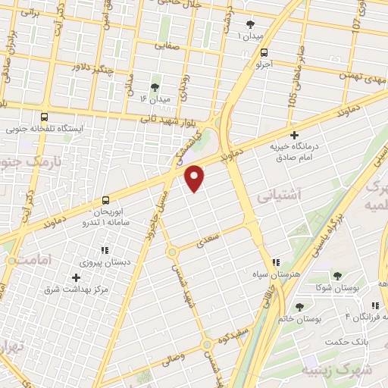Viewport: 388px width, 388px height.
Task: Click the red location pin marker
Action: pyautogui.click(x=196, y=177)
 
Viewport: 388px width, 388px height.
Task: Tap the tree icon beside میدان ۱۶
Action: pyautogui.click(x=155, y=87)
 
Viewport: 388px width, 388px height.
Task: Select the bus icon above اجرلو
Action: pyautogui.click(x=263, y=53)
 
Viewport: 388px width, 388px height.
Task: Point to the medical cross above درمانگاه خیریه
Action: pyautogui.click(x=295, y=135)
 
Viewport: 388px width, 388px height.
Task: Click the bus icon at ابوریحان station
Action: pyautogui.click(x=105, y=201)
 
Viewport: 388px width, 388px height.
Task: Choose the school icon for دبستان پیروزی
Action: pyautogui.click(x=105, y=249)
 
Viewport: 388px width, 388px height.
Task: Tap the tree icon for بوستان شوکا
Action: pyautogui.click(x=337, y=276)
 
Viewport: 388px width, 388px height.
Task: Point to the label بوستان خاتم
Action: pyautogui.click(x=300, y=319)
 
